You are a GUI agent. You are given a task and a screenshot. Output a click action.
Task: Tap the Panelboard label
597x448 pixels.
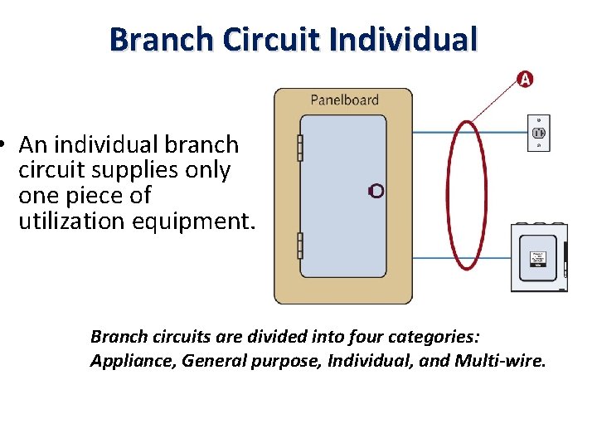tap(344, 100)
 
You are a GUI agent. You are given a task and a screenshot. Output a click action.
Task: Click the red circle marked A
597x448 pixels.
tap(524, 80)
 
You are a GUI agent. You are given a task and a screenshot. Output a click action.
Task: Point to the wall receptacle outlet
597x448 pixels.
tap(539, 133)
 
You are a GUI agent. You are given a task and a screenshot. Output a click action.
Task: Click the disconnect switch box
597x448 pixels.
tap(539, 257)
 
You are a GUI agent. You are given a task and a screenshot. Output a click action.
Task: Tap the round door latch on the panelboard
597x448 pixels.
tap(376, 191)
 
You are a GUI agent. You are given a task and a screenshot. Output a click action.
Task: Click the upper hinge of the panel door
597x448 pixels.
tap(300, 148)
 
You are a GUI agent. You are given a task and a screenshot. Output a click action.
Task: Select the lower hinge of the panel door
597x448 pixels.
tap(300, 246)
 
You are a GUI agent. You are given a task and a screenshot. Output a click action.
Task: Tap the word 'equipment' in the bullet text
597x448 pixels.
tap(191, 222)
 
